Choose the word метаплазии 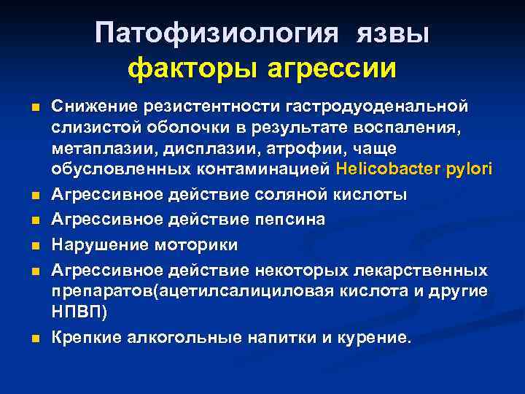point(100,148)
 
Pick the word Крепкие point(85,338)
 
